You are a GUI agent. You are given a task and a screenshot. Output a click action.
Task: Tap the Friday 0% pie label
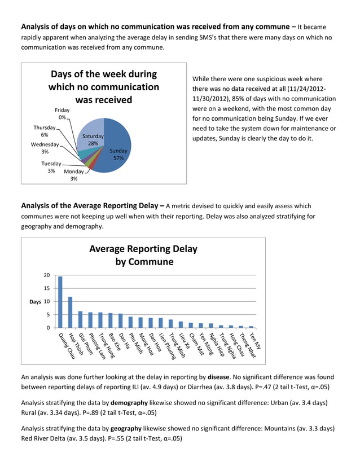point(62,114)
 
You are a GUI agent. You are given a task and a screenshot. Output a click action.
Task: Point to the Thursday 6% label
point(44,131)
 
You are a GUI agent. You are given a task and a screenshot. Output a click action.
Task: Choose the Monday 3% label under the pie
point(73,175)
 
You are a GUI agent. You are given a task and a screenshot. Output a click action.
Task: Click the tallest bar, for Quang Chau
point(60,302)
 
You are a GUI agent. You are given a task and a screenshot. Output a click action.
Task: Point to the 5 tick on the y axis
point(48,315)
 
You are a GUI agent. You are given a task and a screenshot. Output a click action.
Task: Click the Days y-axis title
point(35,302)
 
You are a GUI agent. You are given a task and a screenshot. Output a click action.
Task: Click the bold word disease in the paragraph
point(218,377)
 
